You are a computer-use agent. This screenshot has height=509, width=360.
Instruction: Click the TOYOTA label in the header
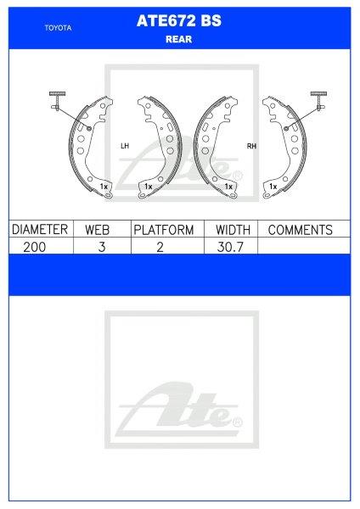pos(57,27)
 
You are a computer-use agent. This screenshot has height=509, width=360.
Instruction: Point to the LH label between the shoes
pos(125,146)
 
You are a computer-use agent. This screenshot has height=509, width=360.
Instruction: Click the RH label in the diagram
pos(251,146)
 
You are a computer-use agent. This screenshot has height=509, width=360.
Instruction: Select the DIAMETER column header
pos(38,230)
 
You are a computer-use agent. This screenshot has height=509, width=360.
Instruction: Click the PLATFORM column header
pos(164,230)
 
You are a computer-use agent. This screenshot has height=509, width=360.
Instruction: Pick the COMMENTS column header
pos(300,230)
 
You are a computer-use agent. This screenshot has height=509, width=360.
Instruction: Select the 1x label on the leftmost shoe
pos(103,185)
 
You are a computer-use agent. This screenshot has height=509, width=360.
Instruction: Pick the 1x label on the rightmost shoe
pos(273,185)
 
